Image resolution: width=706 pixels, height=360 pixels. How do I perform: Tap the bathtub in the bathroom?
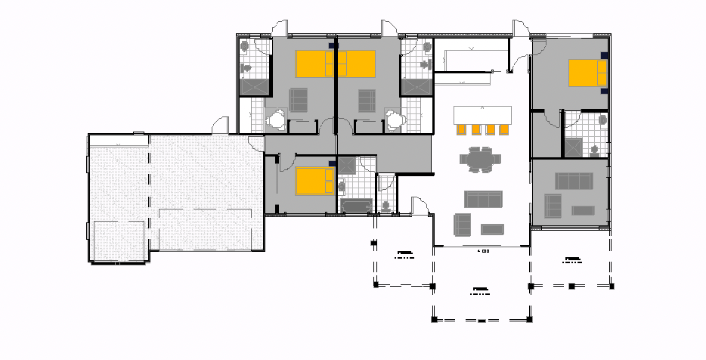(356, 206)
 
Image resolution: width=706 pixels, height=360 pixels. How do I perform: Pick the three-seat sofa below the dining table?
(483, 200)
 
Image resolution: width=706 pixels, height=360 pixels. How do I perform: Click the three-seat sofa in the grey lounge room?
(574, 181)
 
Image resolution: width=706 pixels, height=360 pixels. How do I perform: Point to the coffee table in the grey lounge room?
(583, 210)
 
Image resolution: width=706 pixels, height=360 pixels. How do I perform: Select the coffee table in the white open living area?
(492, 229)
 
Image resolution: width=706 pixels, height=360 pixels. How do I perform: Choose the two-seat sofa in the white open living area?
(461, 224)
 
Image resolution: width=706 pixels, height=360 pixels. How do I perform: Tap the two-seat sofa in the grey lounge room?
(553, 205)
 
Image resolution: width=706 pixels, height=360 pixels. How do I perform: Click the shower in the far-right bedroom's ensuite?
(573, 146)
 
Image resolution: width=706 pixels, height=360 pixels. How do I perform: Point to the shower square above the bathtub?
(348, 166)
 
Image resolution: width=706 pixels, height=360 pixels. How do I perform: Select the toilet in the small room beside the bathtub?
(386, 203)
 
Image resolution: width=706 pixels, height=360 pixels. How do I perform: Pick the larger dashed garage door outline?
(206, 228)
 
